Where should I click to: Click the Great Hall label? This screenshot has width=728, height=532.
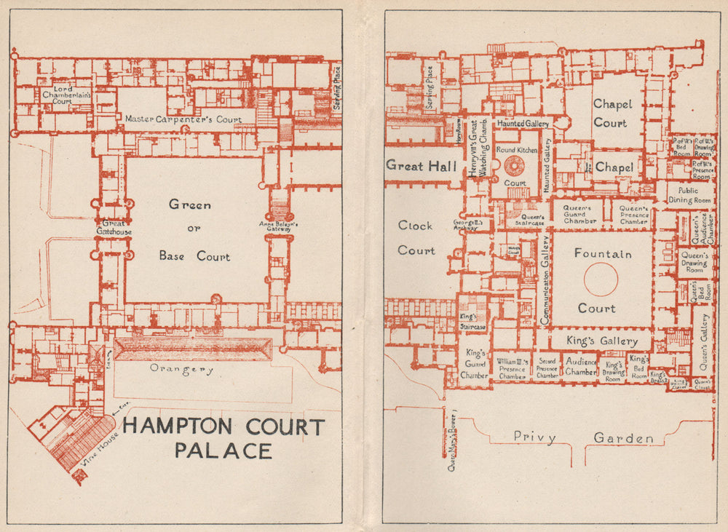tap(422, 165)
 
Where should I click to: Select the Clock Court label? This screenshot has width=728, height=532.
tap(416, 238)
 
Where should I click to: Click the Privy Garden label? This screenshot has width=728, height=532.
tap(582, 438)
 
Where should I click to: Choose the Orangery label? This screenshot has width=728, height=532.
tap(182, 369)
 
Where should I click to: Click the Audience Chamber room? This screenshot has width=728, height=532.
tap(581, 367)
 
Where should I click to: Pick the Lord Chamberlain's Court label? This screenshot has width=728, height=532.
tap(66, 95)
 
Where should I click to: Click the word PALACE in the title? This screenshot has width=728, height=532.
tap(223, 451)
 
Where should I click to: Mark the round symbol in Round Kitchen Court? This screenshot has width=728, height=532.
tap(515, 165)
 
